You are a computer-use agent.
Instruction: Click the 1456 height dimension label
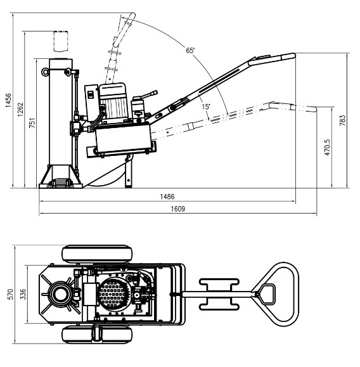8,100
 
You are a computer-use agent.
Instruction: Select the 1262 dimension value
20,110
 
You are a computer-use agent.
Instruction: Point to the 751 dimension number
32,122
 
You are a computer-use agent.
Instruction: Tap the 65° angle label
190,50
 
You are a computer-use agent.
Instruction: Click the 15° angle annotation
206,106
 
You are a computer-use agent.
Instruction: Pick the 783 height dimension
342,120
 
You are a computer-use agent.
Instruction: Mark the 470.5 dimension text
328,147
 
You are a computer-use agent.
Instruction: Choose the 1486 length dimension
167,196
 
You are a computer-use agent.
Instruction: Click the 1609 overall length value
178,209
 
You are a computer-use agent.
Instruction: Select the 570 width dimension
11,294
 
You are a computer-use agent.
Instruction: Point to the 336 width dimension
23,294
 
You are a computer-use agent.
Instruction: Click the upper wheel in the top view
97,254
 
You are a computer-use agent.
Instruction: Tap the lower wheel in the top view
97,335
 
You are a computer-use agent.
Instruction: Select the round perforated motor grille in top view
113,293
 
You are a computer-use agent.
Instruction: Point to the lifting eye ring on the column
45,72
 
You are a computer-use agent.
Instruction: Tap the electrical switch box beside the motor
91,102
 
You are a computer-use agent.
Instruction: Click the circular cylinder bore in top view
60,294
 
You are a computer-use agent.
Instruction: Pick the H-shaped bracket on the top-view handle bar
219,294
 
